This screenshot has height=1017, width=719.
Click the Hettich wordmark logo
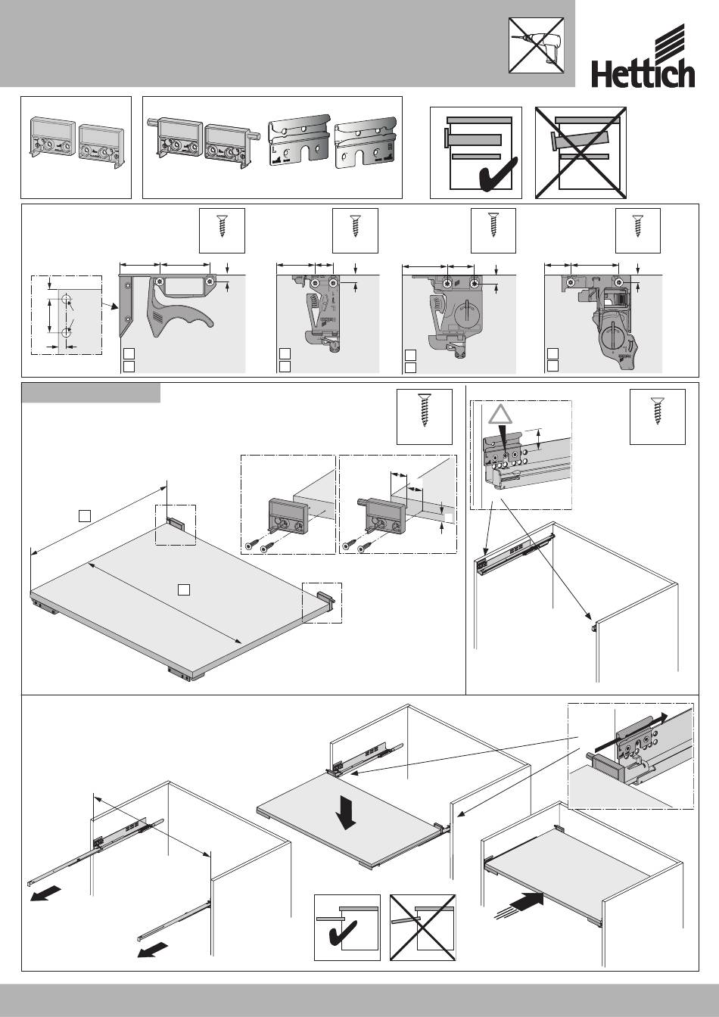coord(643,75)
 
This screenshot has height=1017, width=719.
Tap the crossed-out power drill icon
coord(537,45)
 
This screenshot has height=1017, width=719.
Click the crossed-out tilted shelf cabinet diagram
coord(580,153)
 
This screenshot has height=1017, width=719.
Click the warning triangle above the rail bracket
coord(500,415)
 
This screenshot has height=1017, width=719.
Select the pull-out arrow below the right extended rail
coord(153,949)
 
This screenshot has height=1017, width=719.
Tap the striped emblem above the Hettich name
coord(668,43)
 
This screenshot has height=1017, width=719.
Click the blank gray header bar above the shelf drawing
coord(91,393)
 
